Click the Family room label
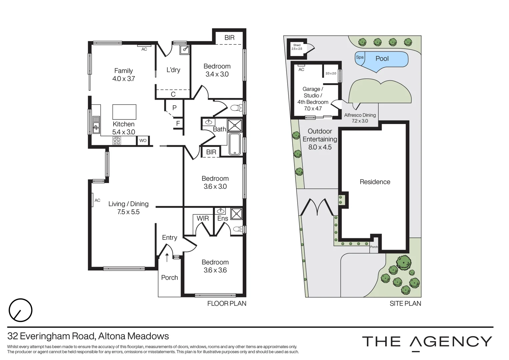tap(123, 71)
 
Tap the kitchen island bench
tap(124, 112)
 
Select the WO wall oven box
tap(143, 141)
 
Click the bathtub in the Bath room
tap(235, 144)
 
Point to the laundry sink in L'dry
tap(185, 50)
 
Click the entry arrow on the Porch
tap(167, 257)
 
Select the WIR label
tap(202, 218)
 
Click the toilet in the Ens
tap(237, 229)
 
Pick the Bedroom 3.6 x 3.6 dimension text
tap(215, 270)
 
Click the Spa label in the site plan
tap(360, 57)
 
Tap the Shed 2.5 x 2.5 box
tap(297, 47)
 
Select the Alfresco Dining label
tap(360, 115)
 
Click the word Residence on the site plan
tap(375, 182)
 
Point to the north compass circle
tap(21, 310)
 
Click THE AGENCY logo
tap(427, 342)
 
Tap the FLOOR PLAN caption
tap(227, 303)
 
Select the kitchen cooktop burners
tap(117, 141)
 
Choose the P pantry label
tap(174, 108)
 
